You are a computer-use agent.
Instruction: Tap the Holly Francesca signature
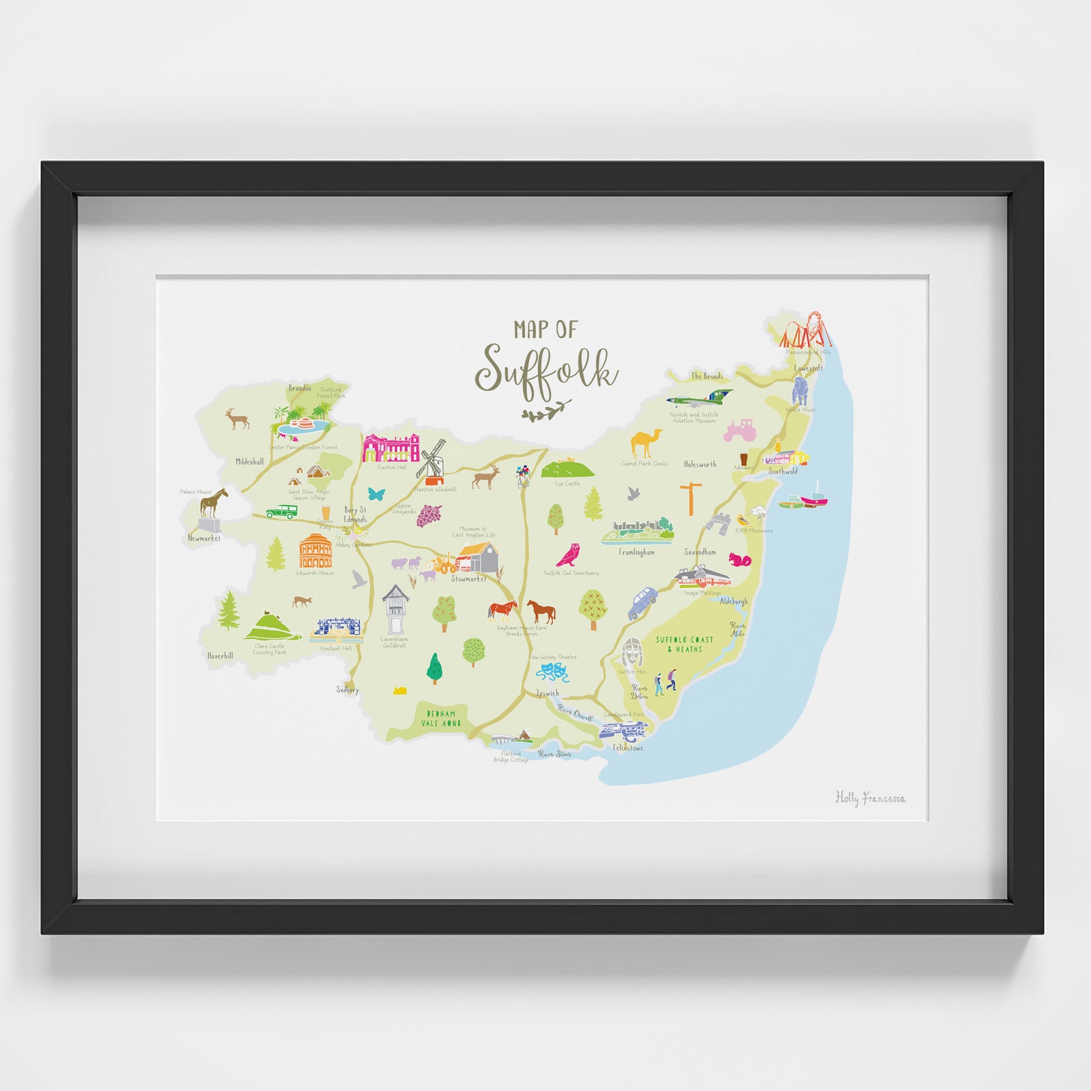click(x=870, y=798)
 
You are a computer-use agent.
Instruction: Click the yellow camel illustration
click(x=646, y=443)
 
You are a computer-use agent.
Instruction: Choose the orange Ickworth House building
click(x=315, y=551)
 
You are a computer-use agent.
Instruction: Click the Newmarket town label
click(x=204, y=539)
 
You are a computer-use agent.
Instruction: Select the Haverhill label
click(x=220, y=656)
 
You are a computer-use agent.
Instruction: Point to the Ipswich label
click(x=548, y=693)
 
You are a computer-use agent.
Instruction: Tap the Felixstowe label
click(x=628, y=747)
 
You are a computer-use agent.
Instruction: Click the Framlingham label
click(x=636, y=552)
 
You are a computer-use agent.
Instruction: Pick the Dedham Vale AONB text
click(x=440, y=719)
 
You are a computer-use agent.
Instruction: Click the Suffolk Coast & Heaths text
click(x=684, y=644)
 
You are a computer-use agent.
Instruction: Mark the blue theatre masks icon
click(x=554, y=671)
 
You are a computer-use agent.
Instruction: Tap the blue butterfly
click(x=376, y=493)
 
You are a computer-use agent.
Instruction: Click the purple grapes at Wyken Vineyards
click(x=429, y=515)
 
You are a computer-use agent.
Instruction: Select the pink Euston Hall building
click(x=391, y=448)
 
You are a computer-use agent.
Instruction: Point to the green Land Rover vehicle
click(x=282, y=512)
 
